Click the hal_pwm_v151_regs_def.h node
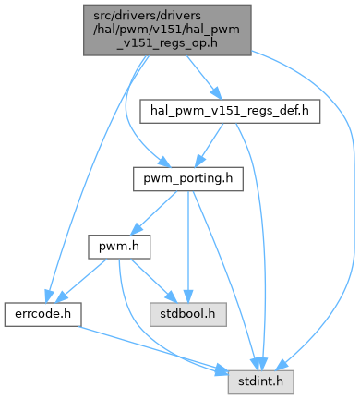coord(230,111)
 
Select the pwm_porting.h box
coord(188,179)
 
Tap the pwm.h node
coord(119,247)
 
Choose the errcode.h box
coord(42,315)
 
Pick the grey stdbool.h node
coord(188,315)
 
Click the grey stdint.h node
coord(260,382)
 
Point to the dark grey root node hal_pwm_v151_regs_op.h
coord(167,30)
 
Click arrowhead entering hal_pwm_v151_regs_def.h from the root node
coord(216,93)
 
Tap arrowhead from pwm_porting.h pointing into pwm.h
coord(137,229)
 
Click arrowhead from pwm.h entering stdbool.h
coord(171,296)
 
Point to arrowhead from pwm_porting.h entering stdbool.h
coord(188,296)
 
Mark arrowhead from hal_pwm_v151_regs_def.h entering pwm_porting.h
coord(200,162)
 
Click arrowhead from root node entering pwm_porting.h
coord(164,163)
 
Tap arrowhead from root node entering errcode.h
coord(49,296)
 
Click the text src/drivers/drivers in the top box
coord(147,16)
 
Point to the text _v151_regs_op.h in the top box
coord(167,43)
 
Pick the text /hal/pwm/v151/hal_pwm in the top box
coord(167,30)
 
